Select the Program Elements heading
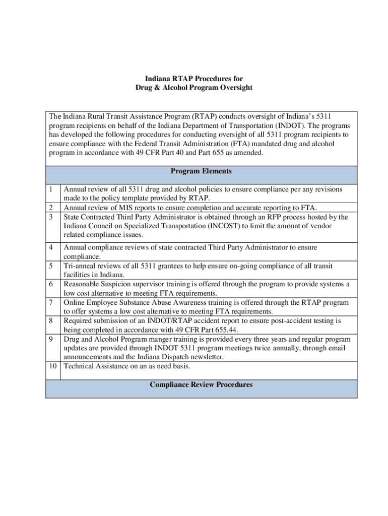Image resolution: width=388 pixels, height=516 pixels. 201,171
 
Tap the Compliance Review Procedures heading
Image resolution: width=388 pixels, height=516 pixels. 201,385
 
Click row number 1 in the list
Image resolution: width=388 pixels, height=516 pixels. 51,189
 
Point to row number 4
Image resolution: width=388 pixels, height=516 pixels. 51,247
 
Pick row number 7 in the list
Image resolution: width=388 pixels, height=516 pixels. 51,302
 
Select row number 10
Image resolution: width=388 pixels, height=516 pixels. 53,366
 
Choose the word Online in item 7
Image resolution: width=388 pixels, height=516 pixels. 75,302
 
